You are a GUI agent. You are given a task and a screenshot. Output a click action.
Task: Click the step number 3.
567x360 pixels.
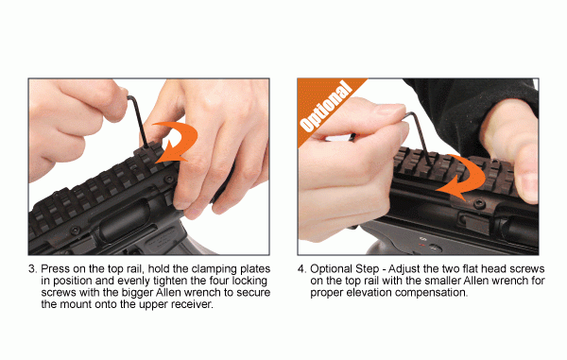[x=32, y=269]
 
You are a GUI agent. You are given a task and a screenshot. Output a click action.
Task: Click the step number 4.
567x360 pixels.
[x=301, y=269]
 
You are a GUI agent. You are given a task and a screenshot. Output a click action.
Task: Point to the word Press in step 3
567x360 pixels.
[x=57, y=269]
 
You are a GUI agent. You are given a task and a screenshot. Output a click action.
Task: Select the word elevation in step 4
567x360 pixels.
[x=369, y=293]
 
